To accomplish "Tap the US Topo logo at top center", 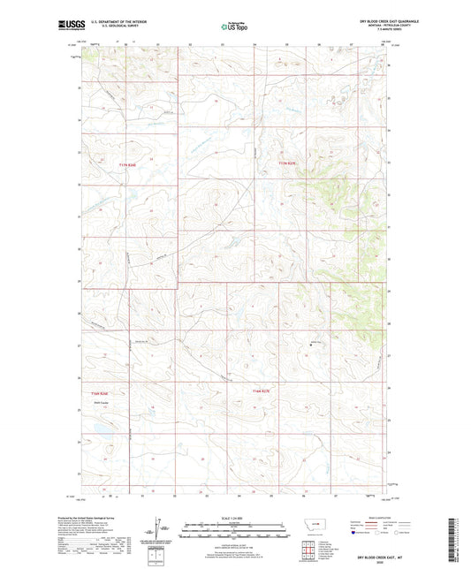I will pos(233,27).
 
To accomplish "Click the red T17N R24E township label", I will pos(129,163).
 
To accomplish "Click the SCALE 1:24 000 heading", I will pos(234,517).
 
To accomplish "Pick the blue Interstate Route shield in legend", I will pos(354,533).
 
